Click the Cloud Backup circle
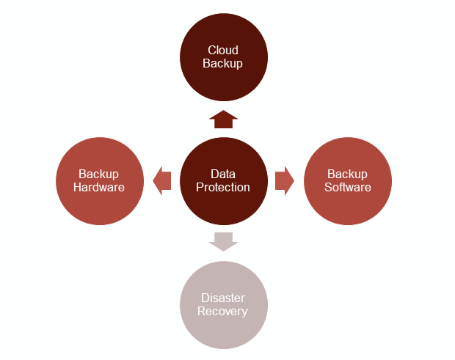pos(224,57)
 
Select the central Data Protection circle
pos(224,181)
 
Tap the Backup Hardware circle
pos(100,181)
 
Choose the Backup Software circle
pos(348,181)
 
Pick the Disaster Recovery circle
pos(224,305)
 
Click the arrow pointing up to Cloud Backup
pos(223,119)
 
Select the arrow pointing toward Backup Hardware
pos(162,181)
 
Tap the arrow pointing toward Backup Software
pos(285,181)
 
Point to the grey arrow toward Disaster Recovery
pos(223,242)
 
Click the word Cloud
pos(223,50)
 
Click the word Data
pos(223,174)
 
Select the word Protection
pos(223,187)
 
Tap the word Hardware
pos(99,187)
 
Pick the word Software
pos(348,187)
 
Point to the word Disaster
pos(223,298)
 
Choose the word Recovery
pos(222,312)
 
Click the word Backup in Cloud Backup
pos(222,64)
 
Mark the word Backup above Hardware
pos(98,175)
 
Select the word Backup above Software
pos(347,175)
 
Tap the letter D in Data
pos(214,174)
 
